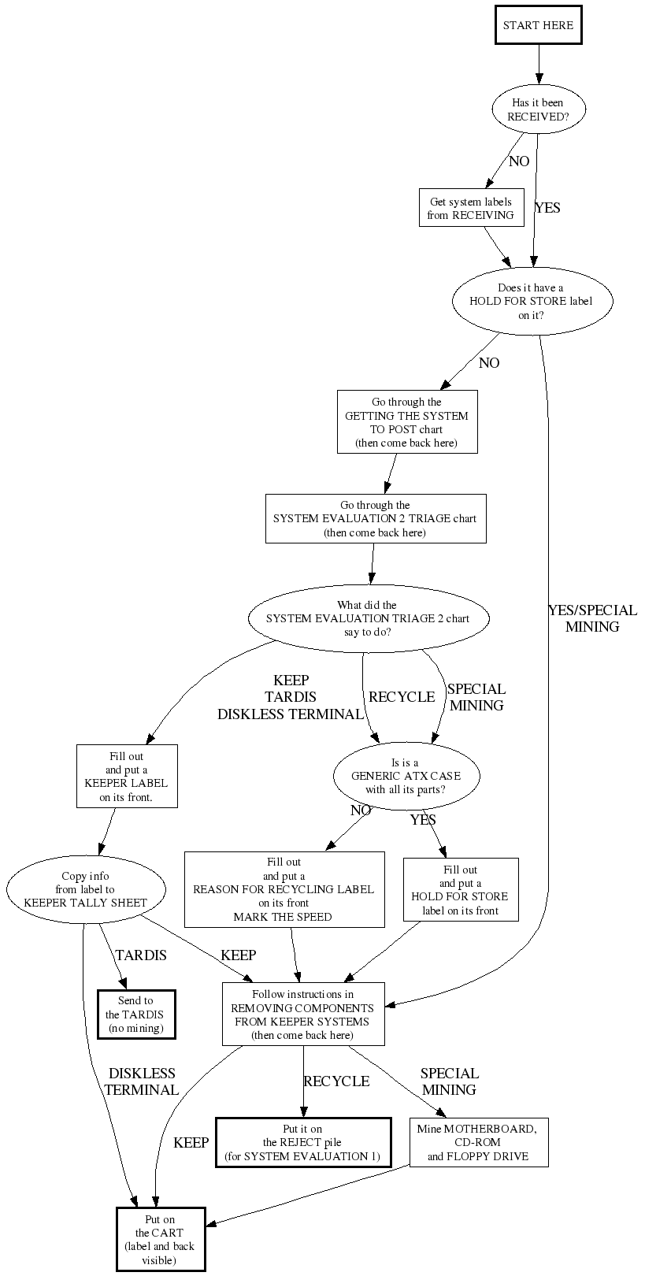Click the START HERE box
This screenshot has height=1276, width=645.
click(x=538, y=25)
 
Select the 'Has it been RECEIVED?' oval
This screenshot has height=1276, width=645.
click(x=538, y=109)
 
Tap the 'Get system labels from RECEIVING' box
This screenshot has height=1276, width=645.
click(x=471, y=208)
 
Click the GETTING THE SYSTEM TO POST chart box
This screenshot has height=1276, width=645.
click(x=406, y=423)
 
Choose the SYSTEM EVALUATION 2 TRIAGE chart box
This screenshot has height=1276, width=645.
click(x=375, y=518)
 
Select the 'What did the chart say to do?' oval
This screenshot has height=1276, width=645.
click(x=368, y=618)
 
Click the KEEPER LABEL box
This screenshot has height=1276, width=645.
click(x=127, y=776)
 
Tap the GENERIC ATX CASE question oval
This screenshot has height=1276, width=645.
click(x=406, y=776)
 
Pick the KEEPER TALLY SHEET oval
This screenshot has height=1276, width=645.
click(x=86, y=889)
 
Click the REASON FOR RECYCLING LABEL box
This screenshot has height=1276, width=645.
click(x=284, y=889)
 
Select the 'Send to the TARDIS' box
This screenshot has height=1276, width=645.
click(x=135, y=1014)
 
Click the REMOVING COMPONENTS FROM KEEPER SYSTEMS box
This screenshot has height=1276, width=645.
click(x=303, y=1014)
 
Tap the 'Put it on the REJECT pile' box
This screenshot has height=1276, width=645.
click(x=303, y=1142)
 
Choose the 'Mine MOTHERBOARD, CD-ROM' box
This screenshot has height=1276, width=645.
click(x=478, y=1142)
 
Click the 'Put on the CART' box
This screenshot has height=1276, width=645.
click(x=160, y=1239)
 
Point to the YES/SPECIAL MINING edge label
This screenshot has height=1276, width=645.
click(x=592, y=618)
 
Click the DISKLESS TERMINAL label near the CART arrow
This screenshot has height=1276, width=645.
click(x=142, y=1081)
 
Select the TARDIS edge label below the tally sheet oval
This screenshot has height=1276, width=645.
click(x=141, y=955)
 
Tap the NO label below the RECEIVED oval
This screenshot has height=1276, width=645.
click(x=519, y=161)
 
